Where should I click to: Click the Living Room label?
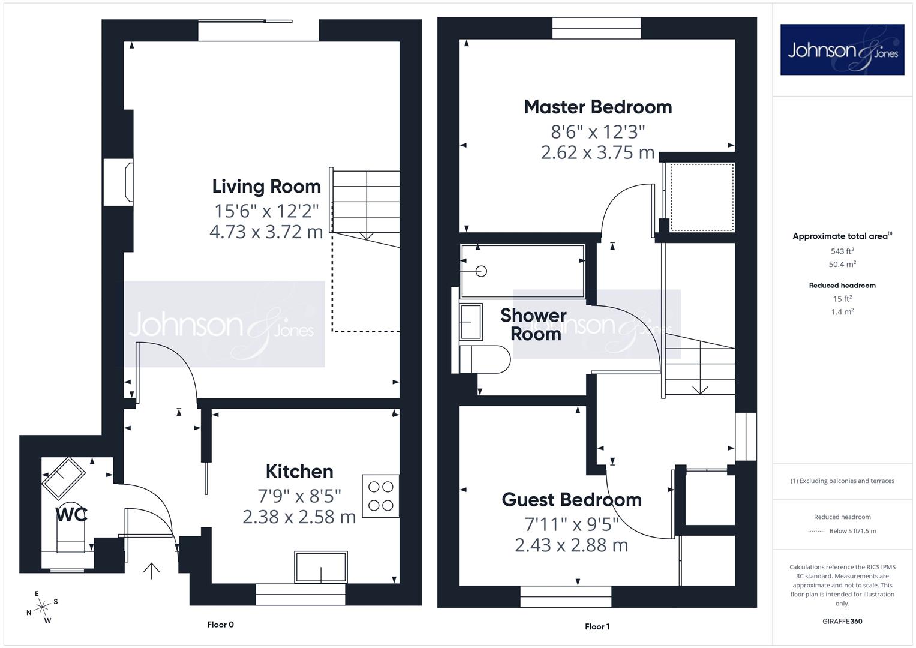pyautogui.click(x=266, y=187)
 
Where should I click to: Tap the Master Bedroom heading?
pyautogui.click(x=598, y=107)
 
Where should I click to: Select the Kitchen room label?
pyautogui.click(x=299, y=472)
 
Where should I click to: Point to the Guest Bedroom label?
pyautogui.click(x=572, y=500)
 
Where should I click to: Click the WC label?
pyautogui.click(x=71, y=515)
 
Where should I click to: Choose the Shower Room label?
pyautogui.click(x=534, y=325)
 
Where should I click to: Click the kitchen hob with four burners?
pyautogui.click(x=381, y=496)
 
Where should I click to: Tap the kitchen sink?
pyautogui.click(x=320, y=567)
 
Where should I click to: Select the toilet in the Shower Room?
pyautogui.click(x=485, y=359)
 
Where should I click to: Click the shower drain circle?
pyautogui.click(x=482, y=271)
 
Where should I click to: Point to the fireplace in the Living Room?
pyautogui.click(x=118, y=182)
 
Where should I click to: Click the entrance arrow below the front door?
pyautogui.click(x=151, y=571)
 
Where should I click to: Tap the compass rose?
pyautogui.click(x=42, y=607)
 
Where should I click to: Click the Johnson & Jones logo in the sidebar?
pyautogui.click(x=842, y=49)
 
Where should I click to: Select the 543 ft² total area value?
pyautogui.click(x=842, y=251)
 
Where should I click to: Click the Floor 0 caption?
pyautogui.click(x=220, y=624)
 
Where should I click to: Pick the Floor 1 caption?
pyautogui.click(x=597, y=626)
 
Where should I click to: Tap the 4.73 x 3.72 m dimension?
pyautogui.click(x=266, y=232)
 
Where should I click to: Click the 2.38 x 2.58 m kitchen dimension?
pyautogui.click(x=299, y=517)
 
